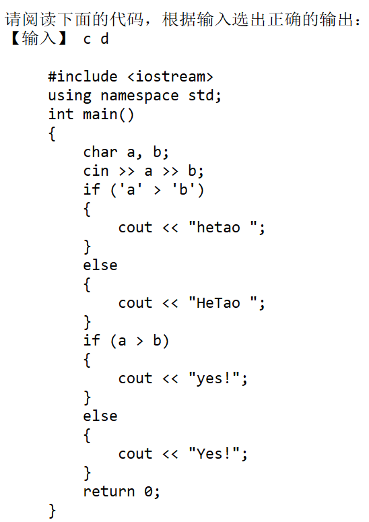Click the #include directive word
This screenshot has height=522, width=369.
(83, 77)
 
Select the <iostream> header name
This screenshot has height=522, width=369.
(170, 77)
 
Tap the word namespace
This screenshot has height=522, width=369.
(139, 96)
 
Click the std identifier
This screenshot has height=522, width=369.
(204, 96)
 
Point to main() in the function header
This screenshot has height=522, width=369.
(108, 115)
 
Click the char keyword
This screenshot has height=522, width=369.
(100, 152)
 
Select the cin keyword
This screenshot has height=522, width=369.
(96, 171)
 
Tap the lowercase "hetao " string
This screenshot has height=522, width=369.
(223, 228)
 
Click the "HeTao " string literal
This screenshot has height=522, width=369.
(223, 302)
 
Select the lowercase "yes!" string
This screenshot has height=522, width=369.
(214, 378)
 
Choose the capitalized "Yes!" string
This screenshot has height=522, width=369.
(214, 453)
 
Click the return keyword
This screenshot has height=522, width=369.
(109, 492)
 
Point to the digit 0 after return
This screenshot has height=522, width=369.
(148, 492)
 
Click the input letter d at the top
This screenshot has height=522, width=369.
(104, 38)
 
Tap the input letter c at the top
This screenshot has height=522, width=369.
(87, 40)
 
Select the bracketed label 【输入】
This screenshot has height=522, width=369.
(39, 38)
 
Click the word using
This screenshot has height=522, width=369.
(69, 96)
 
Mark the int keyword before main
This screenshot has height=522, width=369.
(61, 115)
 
